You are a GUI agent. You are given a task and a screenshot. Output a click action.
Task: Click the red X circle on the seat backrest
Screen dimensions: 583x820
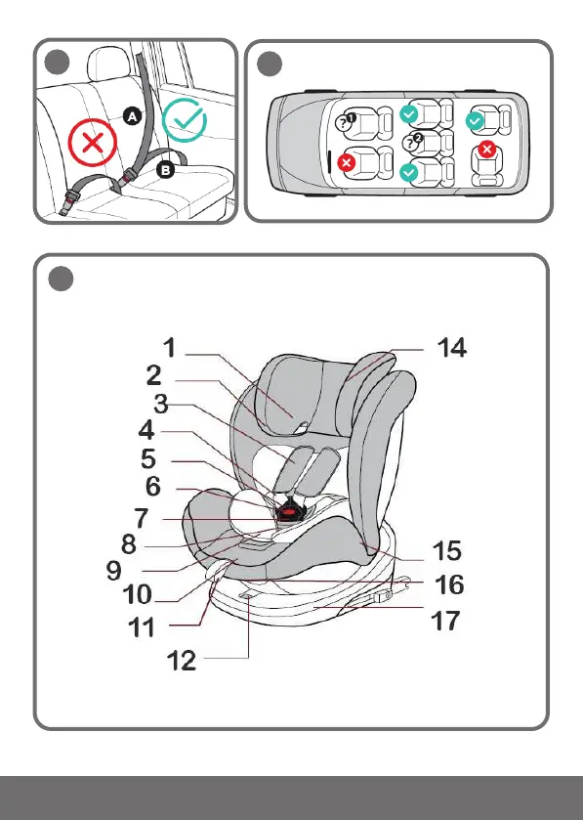(93, 143)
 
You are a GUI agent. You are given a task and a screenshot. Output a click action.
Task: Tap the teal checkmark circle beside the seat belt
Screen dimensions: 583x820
(184, 120)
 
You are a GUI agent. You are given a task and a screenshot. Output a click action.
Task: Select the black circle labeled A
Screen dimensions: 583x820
(133, 116)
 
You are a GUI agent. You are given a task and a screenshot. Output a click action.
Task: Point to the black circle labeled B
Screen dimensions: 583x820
(166, 170)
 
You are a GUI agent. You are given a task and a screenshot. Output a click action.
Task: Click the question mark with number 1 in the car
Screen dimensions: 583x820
(345, 122)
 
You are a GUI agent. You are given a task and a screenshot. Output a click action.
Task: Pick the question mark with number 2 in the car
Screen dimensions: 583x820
(412, 142)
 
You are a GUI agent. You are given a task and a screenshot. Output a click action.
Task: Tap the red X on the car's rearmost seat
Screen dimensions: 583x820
(487, 150)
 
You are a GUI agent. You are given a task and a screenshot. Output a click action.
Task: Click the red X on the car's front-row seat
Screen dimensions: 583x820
(346, 162)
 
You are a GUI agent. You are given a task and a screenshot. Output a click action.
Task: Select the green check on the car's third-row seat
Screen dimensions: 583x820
(475, 121)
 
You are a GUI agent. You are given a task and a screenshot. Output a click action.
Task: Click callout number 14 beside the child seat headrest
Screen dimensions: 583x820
(452, 348)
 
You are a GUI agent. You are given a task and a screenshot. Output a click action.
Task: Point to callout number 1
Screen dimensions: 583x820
(170, 348)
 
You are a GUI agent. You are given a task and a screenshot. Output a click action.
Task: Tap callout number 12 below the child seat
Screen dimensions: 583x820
(182, 661)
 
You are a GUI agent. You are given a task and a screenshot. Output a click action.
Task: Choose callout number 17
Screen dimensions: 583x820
(445, 622)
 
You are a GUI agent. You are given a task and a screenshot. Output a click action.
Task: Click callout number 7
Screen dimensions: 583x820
(142, 518)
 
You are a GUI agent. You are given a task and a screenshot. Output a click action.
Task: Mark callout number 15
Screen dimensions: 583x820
(447, 550)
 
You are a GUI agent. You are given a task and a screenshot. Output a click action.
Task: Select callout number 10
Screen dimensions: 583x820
(138, 594)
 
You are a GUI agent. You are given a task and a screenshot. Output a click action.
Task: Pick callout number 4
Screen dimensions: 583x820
(146, 430)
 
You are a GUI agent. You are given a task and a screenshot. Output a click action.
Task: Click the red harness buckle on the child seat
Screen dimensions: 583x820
(286, 510)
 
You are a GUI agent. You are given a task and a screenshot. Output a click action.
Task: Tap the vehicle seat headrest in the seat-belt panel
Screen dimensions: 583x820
(108, 64)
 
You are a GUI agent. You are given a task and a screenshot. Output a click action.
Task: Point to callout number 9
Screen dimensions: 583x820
(114, 570)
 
